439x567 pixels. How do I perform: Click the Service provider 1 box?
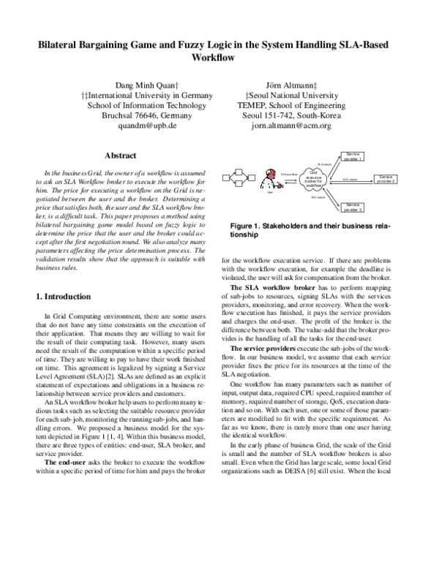[x=353, y=156]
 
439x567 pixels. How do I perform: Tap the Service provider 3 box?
[x=353, y=207]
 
